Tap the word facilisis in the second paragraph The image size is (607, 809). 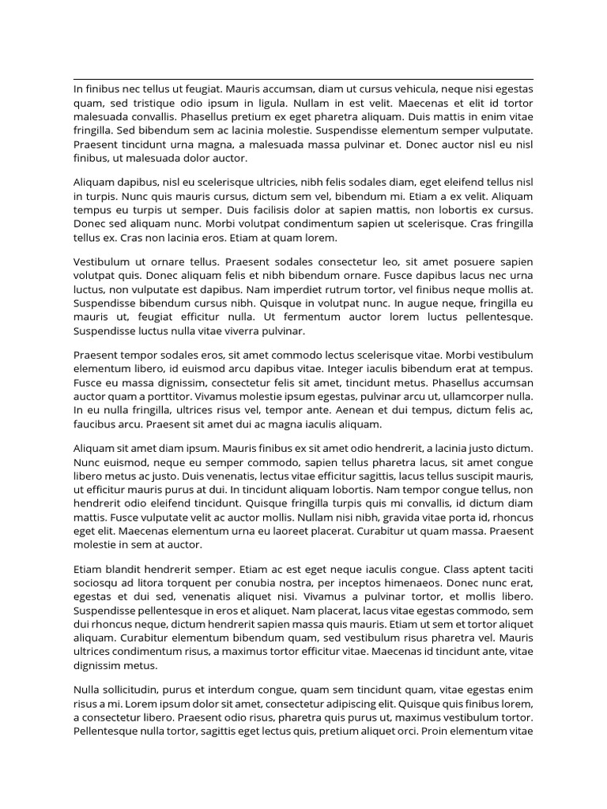[271, 210]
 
